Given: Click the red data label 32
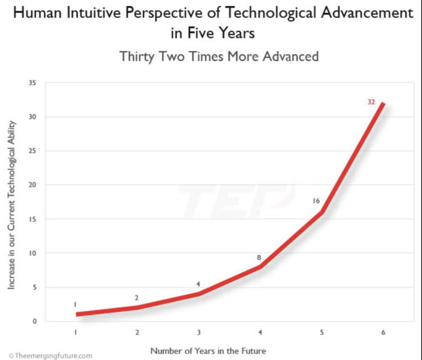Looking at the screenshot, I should pyautogui.click(x=371, y=102).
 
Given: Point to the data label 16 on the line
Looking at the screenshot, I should pyautogui.click(x=316, y=201).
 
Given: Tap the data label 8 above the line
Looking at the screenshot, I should pyautogui.click(x=259, y=258).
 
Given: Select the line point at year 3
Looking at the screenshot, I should pyautogui.click(x=199, y=294).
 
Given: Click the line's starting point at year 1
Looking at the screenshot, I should pyautogui.click(x=77, y=314).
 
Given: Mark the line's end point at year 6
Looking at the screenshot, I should pyautogui.click(x=383, y=103).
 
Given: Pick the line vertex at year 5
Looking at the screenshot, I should pyautogui.click(x=321, y=212).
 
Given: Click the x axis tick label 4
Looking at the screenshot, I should pyautogui.click(x=260, y=332).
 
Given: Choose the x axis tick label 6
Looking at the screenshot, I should pyautogui.click(x=383, y=332).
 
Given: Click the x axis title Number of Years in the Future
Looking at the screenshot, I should pyautogui.click(x=208, y=351).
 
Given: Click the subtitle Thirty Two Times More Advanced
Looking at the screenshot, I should pyautogui.click(x=219, y=56).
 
